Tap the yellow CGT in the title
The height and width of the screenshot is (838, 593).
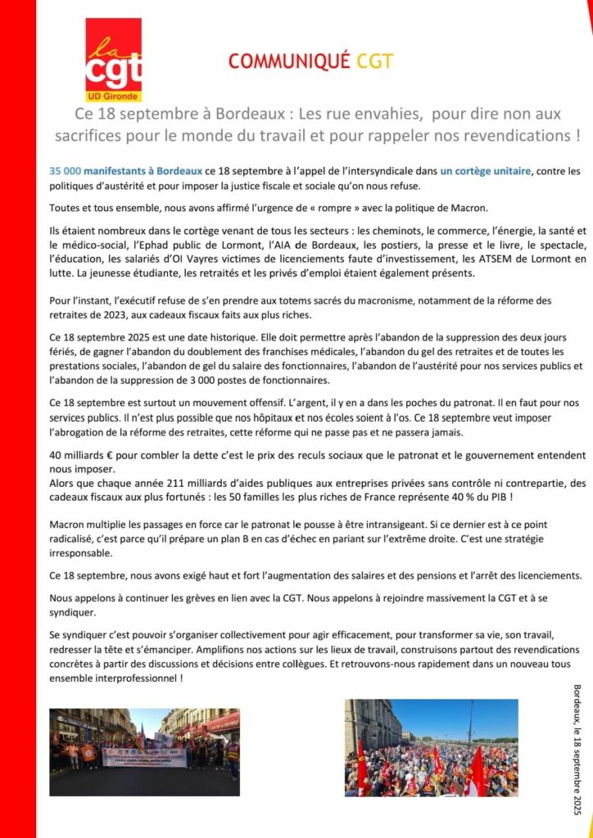pyautogui.click(x=375, y=61)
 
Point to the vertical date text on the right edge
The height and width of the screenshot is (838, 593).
pyautogui.click(x=577, y=750)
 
